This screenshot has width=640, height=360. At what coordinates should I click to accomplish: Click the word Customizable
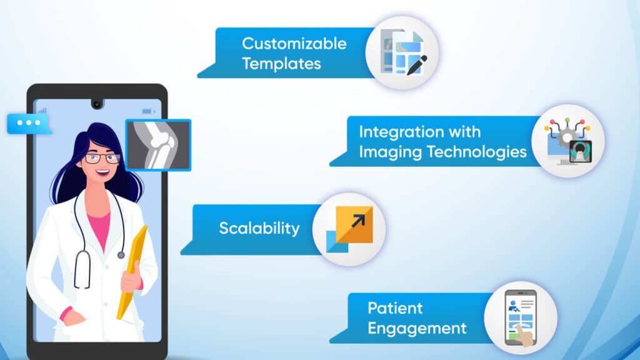[x=294, y=44]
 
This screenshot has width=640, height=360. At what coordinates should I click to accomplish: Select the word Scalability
[x=259, y=228]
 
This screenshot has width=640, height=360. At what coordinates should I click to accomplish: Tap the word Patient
[x=395, y=308]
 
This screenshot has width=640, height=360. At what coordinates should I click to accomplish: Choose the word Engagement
[x=417, y=327]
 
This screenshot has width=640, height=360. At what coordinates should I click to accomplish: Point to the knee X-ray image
[x=158, y=144]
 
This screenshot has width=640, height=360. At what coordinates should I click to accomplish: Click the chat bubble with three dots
[x=27, y=123]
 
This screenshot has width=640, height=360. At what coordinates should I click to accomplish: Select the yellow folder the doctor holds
[x=134, y=269]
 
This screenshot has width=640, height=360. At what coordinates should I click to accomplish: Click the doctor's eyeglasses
[x=102, y=158]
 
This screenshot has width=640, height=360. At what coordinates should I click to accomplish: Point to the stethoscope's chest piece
[x=121, y=254]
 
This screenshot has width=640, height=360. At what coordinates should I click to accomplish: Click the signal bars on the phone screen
[x=42, y=111]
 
